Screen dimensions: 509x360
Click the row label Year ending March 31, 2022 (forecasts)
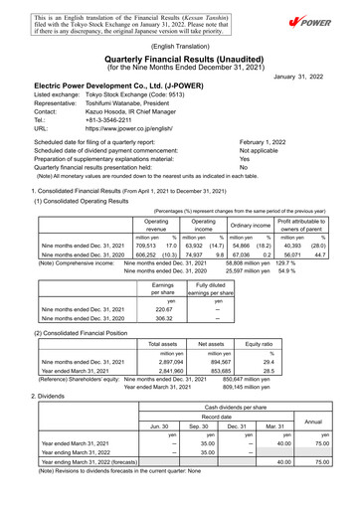click(87, 488)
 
